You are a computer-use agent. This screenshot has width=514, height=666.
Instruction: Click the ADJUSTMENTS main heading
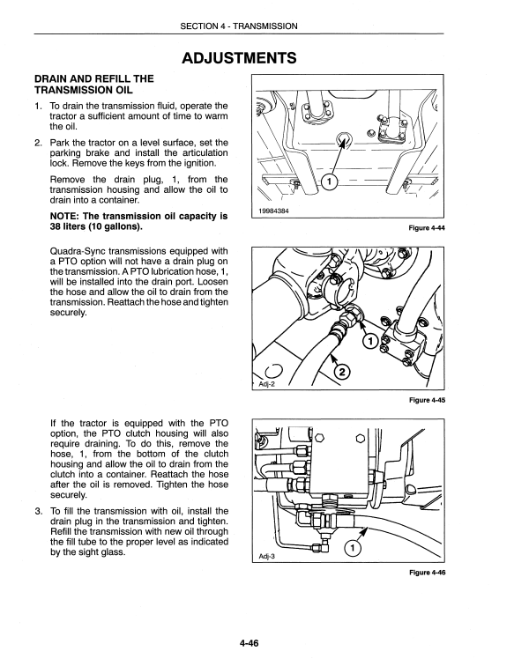239,58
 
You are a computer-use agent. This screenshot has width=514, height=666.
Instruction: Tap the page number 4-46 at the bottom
249,642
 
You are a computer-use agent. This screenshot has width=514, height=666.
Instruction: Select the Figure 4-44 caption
427,228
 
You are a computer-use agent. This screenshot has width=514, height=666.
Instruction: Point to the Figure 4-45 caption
427,400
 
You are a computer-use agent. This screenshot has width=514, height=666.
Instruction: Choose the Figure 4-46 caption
427,573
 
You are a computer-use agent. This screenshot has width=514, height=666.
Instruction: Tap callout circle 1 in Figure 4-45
370,341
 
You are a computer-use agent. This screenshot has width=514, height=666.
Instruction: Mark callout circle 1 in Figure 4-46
353,549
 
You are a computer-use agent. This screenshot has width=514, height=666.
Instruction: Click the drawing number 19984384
273,211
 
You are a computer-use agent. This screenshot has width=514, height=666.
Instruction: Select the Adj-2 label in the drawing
267,384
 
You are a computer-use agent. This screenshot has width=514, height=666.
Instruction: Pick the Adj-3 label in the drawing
267,557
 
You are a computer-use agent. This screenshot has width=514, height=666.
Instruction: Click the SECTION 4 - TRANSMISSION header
239,26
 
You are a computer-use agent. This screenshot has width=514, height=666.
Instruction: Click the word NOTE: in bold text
64,216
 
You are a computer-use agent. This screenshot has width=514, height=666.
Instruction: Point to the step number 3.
38,511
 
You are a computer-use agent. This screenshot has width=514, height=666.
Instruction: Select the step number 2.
38,143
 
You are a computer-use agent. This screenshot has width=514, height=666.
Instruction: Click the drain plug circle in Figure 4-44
343,138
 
